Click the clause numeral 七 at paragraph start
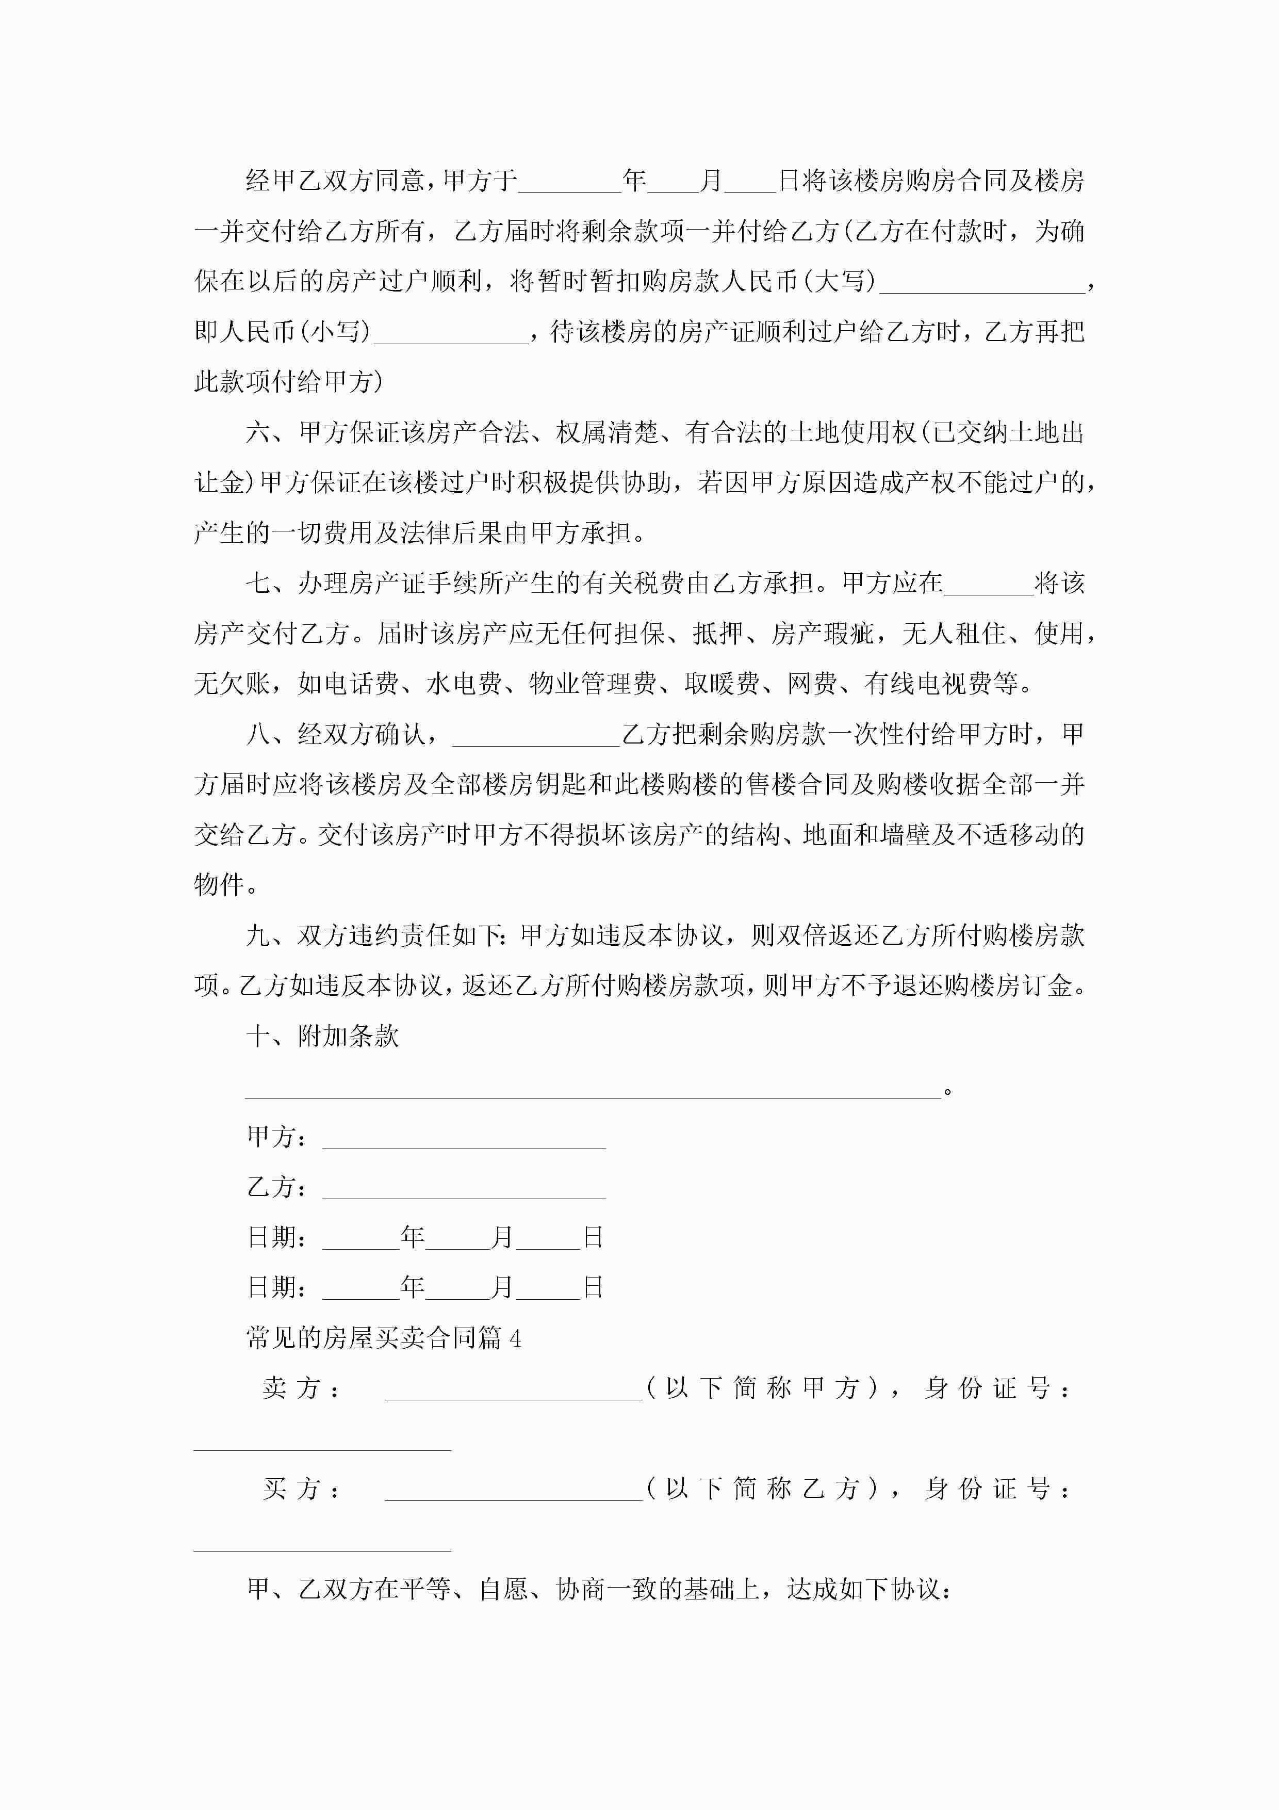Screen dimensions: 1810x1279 click(258, 584)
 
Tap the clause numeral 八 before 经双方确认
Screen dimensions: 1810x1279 click(258, 735)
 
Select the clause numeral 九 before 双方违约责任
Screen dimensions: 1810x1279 click(258, 936)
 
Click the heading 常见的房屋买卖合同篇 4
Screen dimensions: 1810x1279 click(384, 1338)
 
